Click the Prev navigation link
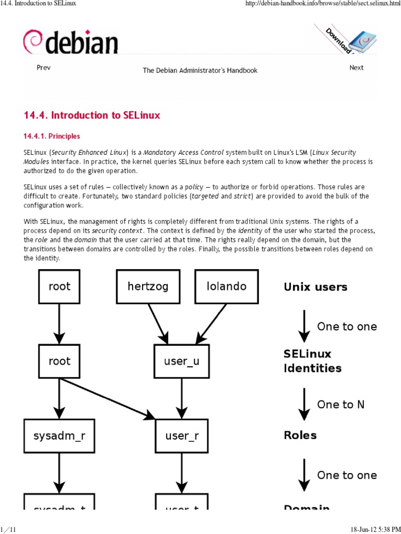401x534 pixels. [43, 68]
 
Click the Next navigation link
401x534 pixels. [356, 68]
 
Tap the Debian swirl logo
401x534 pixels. [31, 42]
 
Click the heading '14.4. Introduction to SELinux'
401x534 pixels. [92, 115]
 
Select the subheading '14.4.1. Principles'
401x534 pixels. [52, 136]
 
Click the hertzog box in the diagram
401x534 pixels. [148, 286]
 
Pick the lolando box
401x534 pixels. [226, 286]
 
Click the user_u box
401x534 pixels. [181, 361]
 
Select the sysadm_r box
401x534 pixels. [59, 435]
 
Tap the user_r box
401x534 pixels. [181, 435]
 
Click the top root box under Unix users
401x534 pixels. [59, 286]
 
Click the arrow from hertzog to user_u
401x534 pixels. [158, 321]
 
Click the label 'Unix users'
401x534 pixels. [315, 287]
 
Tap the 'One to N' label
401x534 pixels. [340, 405]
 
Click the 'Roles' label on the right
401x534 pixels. [300, 435]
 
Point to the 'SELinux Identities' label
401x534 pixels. [312, 361]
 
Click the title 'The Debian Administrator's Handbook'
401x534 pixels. [200, 70]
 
